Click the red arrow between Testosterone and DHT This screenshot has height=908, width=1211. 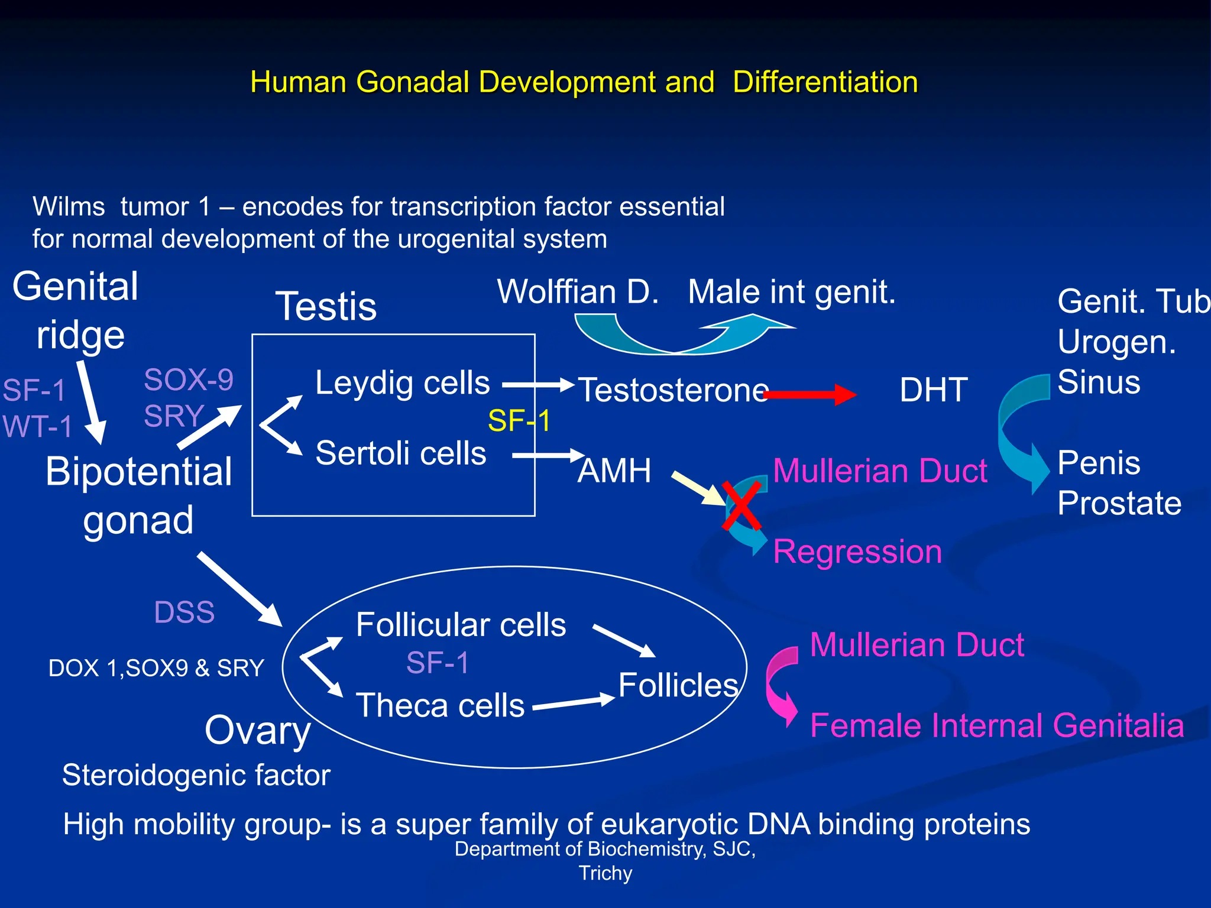(810, 394)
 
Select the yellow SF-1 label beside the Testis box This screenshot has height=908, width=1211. (519, 421)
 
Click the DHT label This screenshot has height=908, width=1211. (933, 390)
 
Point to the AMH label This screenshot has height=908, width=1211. (614, 471)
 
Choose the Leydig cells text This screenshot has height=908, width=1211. (402, 382)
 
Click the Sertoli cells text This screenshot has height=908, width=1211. (400, 453)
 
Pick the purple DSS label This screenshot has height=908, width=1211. (184, 612)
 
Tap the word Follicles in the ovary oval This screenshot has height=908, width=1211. (678, 685)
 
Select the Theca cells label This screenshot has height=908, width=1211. (440, 706)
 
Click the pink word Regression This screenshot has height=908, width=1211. (857, 552)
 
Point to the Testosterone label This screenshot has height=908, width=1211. (673, 390)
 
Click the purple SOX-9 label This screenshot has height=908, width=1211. (189, 380)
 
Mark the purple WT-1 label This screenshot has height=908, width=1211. (37, 426)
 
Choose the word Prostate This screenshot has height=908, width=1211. (1119, 504)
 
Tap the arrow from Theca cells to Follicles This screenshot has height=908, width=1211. (574, 702)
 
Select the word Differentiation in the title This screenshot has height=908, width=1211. (825, 82)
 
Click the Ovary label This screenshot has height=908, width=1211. (257, 731)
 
